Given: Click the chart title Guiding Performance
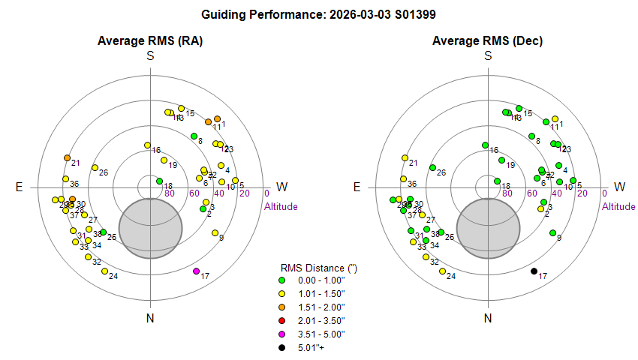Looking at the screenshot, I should coord(318,14).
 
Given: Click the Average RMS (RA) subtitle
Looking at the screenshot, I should coord(150,40).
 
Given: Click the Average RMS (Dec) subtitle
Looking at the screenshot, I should coord(488,40).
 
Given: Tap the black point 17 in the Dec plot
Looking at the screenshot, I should coord(534,271).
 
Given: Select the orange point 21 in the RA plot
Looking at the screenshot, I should coord(67,157).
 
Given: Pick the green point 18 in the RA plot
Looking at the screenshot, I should coord(159,181).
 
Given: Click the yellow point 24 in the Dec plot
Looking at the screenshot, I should coord(442,271).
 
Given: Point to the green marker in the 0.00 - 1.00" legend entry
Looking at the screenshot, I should coord(282,280).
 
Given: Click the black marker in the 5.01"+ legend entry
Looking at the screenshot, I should coord(282,347).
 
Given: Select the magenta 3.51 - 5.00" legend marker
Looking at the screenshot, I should coord(282,334).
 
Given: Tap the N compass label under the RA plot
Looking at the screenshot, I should coord(150,319).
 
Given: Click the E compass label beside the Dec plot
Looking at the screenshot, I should coord(357,187).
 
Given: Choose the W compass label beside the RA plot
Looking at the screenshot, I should coord(282,187).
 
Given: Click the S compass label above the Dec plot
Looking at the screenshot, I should coord(488,56).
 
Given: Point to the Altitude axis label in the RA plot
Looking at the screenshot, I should coord(281,206).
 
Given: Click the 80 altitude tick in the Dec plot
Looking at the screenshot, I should coord(507,193).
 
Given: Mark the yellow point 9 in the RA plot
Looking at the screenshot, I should coord(215,233).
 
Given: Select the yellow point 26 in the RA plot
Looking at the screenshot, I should coord(95,167).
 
